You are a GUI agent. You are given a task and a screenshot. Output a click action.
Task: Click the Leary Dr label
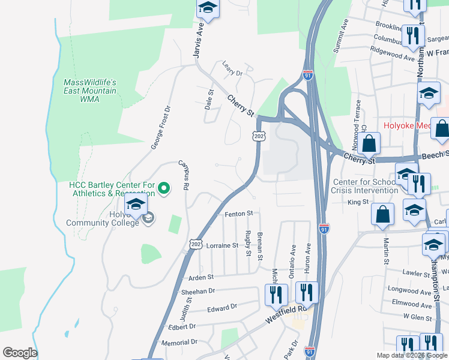[x=231, y=68]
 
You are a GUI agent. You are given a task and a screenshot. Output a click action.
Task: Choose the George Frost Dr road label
[x=160, y=127]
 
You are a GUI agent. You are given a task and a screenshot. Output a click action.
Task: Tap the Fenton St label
[x=239, y=214]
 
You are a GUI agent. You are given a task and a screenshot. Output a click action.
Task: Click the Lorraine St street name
[x=223, y=245]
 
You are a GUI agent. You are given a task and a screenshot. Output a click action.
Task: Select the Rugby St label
[x=248, y=242]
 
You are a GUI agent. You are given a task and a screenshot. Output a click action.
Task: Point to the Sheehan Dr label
[x=197, y=291]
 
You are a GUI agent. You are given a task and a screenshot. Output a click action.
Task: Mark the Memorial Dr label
[x=179, y=342]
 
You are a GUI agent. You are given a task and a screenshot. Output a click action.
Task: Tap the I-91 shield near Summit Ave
[x=308, y=76]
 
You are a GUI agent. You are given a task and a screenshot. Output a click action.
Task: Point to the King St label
[x=358, y=203]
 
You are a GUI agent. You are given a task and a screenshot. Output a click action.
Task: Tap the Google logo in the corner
[x=20, y=353]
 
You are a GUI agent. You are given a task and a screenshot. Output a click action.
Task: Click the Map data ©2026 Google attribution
[x=411, y=355]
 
